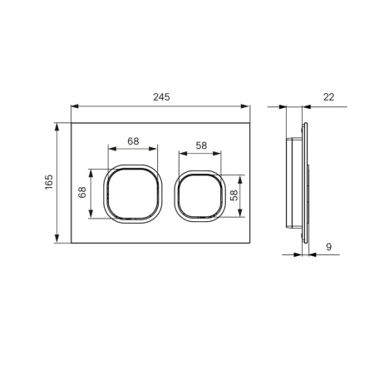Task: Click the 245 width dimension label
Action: pyautogui.click(x=161, y=97)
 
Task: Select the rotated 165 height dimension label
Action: pyautogui.click(x=49, y=184)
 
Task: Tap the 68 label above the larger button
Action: pyautogui.click(x=133, y=140)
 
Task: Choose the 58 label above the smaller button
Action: pyautogui.click(x=200, y=145)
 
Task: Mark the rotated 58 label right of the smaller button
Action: pyautogui.click(x=235, y=196)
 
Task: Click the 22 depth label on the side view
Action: pyautogui.click(x=328, y=97)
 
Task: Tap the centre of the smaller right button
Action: pyautogui.click(x=199, y=197)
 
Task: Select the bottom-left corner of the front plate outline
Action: pyautogui.click(x=71, y=244)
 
